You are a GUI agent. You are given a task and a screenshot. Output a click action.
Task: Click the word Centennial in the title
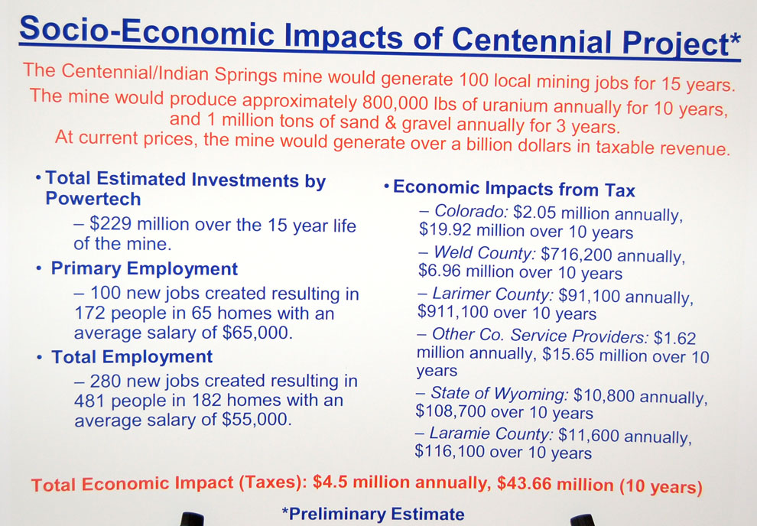coord(533,40)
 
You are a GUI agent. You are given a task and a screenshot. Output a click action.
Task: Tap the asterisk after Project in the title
coord(734,40)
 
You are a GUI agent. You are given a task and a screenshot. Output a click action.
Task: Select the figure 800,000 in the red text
coord(395,102)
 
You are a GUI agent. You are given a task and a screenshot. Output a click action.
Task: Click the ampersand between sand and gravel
coord(391,122)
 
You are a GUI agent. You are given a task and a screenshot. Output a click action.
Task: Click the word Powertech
coord(93,199)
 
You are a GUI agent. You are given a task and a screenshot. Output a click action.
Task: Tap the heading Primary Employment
coord(145,269)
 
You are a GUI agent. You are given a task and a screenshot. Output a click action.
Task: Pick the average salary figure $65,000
coord(257,333)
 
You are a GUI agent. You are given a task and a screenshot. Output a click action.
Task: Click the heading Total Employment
coord(132,356)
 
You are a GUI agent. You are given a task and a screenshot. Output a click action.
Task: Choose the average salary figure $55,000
coord(257,420)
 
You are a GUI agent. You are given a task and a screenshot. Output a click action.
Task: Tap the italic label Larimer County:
coord(492,294)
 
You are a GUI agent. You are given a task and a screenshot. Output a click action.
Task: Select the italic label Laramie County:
coord(491,433)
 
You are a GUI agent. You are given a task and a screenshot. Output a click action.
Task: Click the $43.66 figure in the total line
coord(525,483)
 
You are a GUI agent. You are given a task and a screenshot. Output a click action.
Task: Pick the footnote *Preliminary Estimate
coord(372,515)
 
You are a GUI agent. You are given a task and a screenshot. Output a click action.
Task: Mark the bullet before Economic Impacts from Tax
coord(387,187)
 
